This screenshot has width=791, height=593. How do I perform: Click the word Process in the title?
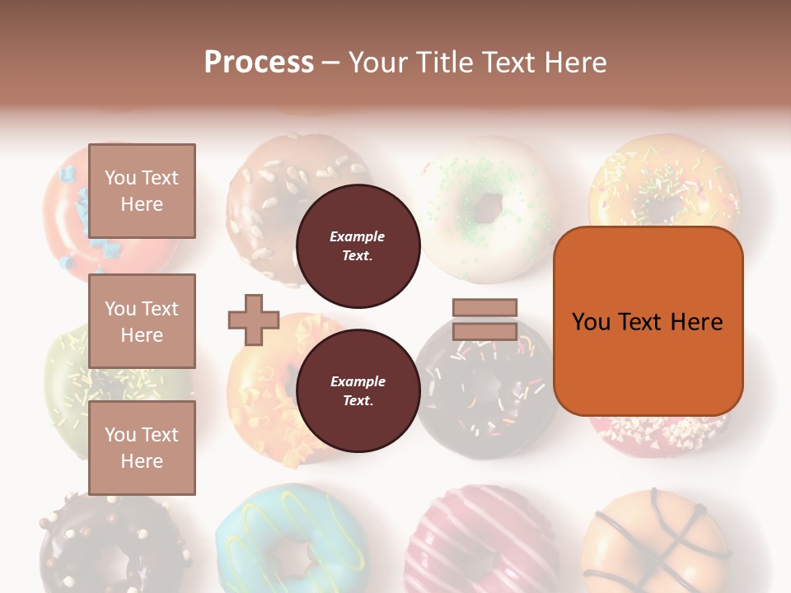[x=259, y=62]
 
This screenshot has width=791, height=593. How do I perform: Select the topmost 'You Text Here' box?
[x=142, y=191]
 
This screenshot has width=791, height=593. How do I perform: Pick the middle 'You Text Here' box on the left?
[x=142, y=321]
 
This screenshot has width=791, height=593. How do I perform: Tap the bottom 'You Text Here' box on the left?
[x=142, y=448]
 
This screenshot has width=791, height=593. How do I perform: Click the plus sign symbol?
[x=254, y=320]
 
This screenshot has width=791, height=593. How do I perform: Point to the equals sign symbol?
[x=484, y=320]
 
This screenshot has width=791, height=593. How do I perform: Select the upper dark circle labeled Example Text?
[x=358, y=246]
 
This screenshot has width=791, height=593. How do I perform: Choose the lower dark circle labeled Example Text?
[x=358, y=391]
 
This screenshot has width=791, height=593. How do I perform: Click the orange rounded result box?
[x=648, y=321]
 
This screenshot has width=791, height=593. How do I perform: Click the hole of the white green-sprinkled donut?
[x=488, y=206]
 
